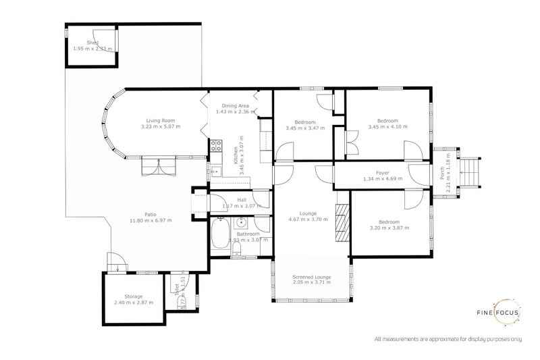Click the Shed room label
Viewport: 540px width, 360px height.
coord(83,43)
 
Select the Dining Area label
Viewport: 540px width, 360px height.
coord(233,106)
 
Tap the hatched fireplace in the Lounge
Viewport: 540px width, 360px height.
coord(342,222)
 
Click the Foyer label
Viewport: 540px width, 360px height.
coord(382,172)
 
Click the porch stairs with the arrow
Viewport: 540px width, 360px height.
coord(472,173)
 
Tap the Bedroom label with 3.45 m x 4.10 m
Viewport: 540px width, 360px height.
coord(387,122)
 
